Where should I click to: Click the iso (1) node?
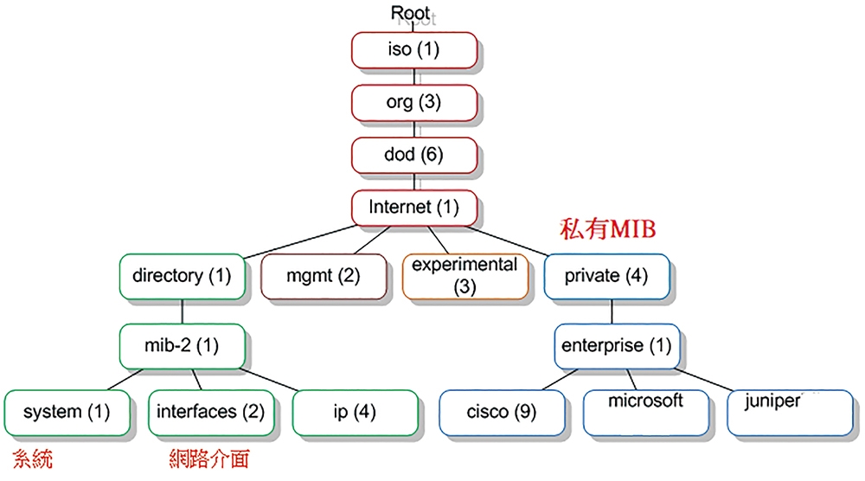pyautogui.click(x=414, y=50)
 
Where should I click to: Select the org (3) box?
pyautogui.click(x=414, y=103)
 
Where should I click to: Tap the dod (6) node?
pyautogui.click(x=414, y=155)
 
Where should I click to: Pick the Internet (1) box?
pyautogui.click(x=414, y=208)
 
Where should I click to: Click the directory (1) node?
pyautogui.click(x=182, y=276)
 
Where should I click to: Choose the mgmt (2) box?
pyautogui.click(x=324, y=276)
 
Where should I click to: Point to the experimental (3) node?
pyautogui.click(x=465, y=276)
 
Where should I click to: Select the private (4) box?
pyautogui.click(x=607, y=276)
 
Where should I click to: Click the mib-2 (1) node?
pyautogui.click(x=182, y=346)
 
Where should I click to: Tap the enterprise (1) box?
pyautogui.click(x=617, y=346)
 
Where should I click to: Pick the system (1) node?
pyautogui.click(x=67, y=413)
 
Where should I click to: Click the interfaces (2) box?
pyautogui.click(x=211, y=413)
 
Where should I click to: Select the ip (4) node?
pyautogui.click(x=356, y=413)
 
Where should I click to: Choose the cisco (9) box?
pyautogui.click(x=502, y=413)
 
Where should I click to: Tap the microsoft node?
pyautogui.click(x=646, y=413)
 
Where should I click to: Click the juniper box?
pyautogui.click(x=790, y=413)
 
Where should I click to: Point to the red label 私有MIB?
pyautogui.click(x=608, y=229)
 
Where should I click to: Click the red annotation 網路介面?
pyautogui.click(x=209, y=459)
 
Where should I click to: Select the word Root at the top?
pyautogui.click(x=410, y=13)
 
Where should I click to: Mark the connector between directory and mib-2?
pyautogui.click(x=182, y=311)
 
